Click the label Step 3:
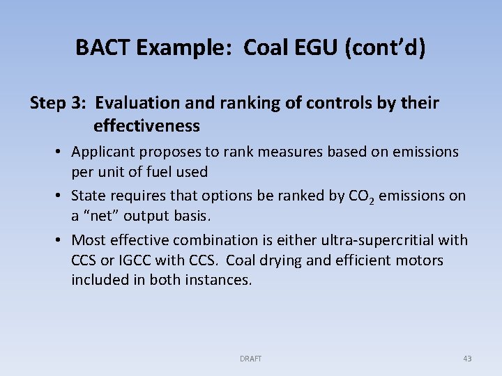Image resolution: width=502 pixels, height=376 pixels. click(x=57, y=104)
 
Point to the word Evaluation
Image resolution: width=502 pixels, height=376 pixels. click(x=138, y=104)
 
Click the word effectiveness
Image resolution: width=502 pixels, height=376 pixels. click(x=146, y=126)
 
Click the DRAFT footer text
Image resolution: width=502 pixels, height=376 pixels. click(x=250, y=359)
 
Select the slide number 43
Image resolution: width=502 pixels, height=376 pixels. click(x=467, y=359)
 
